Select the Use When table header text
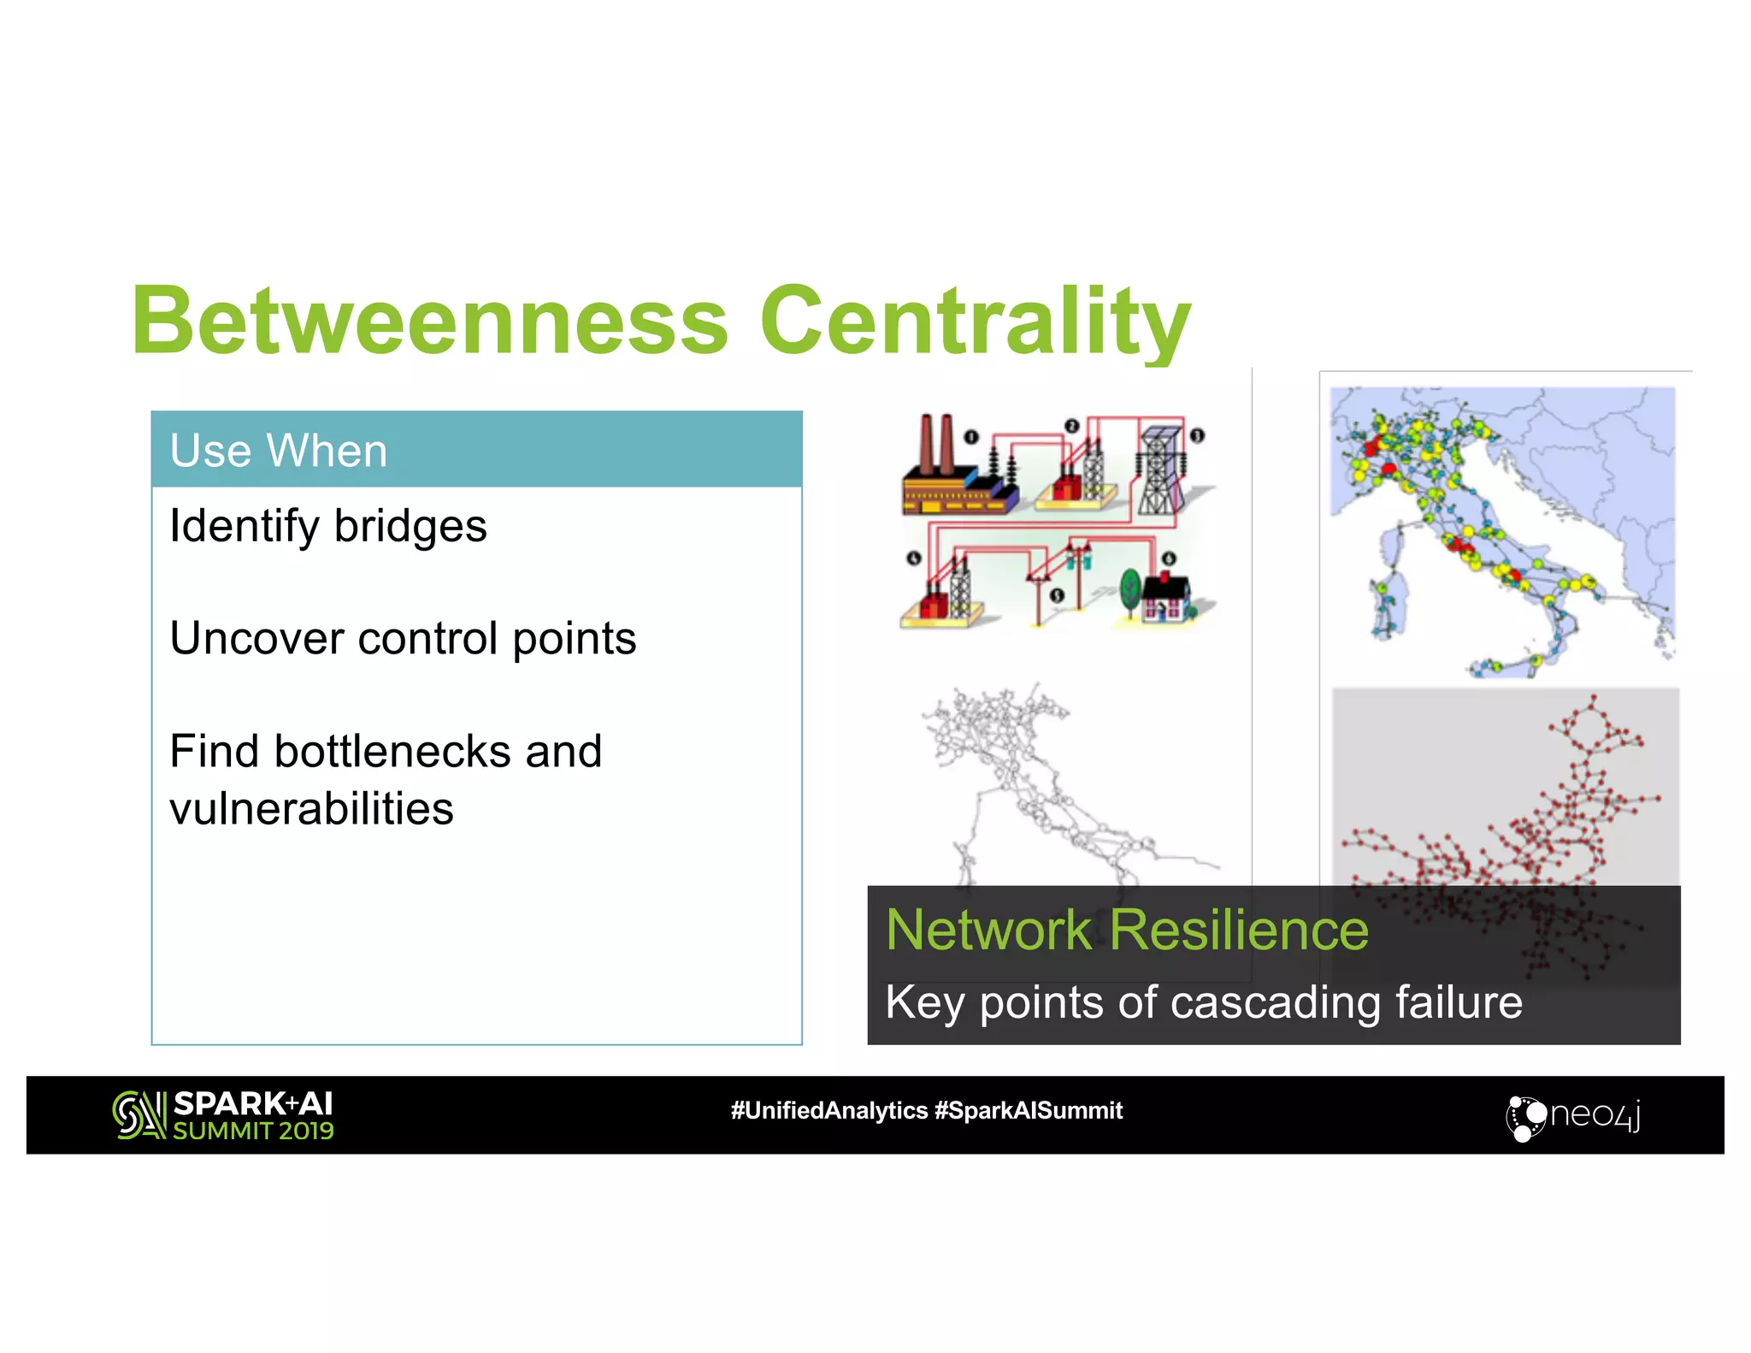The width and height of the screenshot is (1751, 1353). (279, 451)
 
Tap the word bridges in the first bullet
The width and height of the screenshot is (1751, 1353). (410, 526)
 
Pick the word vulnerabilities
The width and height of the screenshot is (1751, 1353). (311, 809)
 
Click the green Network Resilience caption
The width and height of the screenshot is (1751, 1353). (1126, 930)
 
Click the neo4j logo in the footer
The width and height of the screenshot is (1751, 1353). (1573, 1116)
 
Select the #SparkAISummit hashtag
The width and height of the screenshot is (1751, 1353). (1028, 1110)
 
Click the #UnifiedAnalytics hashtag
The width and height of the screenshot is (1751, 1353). (828, 1110)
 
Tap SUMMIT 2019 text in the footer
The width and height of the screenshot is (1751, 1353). (253, 1131)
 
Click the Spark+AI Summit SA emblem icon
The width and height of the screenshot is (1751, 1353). (139, 1115)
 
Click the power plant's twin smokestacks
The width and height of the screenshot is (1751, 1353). (936, 443)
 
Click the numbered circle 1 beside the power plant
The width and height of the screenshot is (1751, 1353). (970, 437)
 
